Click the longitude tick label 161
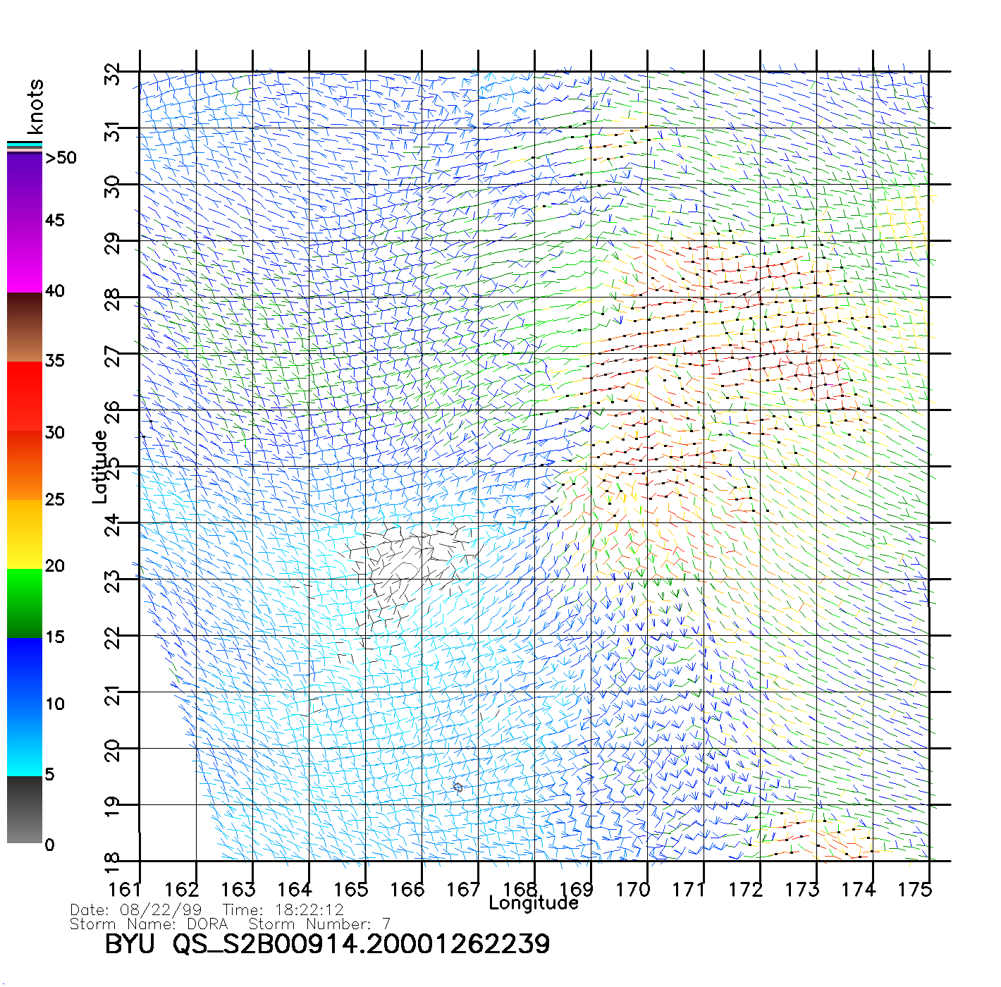pyautogui.click(x=125, y=889)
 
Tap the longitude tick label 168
pyautogui.click(x=520, y=889)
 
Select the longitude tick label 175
pyautogui.click(x=914, y=889)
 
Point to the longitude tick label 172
pyautogui.click(x=745, y=889)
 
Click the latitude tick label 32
pyautogui.click(x=113, y=73)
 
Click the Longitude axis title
pyautogui.click(x=534, y=903)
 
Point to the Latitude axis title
pyautogui.click(x=100, y=466)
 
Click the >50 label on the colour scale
pyautogui.click(x=61, y=158)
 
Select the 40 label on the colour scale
pyautogui.click(x=54, y=290)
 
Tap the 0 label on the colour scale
pyautogui.click(x=49, y=845)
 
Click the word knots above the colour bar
pyautogui.click(x=35, y=106)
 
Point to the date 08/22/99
pyautogui.click(x=161, y=909)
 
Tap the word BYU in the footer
pyautogui.click(x=130, y=943)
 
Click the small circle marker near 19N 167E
pyautogui.click(x=457, y=787)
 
